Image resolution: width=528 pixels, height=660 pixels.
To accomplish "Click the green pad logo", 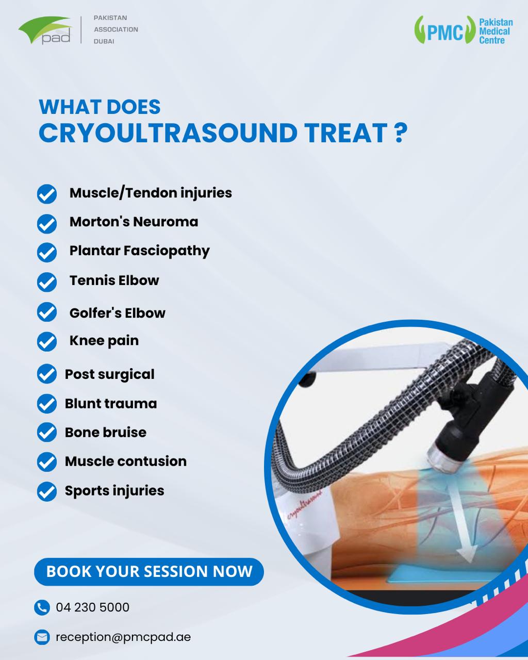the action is [x=45, y=30].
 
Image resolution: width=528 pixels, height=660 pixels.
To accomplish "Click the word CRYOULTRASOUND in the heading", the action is [x=168, y=133].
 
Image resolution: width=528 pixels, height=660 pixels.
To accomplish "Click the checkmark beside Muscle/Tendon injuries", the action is [x=47, y=194].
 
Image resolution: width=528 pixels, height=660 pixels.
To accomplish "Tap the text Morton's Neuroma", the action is [x=134, y=222].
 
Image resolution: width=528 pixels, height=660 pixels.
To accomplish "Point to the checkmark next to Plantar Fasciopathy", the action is [x=47, y=253].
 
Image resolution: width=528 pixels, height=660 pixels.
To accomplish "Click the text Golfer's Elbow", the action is [x=117, y=313].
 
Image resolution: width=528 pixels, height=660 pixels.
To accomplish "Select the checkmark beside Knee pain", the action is [x=47, y=342].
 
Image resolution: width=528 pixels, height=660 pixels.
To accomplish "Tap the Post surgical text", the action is [x=109, y=374].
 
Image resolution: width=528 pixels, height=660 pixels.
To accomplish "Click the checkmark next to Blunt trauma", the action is [x=47, y=404].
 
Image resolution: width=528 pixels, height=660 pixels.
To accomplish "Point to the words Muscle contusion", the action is [x=125, y=461].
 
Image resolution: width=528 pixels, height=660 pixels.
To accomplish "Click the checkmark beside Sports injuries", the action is [x=47, y=491].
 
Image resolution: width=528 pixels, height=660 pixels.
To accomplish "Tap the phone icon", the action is [x=42, y=607].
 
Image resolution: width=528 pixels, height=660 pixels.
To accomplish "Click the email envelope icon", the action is [x=42, y=637].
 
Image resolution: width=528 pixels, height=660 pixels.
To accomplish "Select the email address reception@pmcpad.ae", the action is [x=123, y=637].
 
